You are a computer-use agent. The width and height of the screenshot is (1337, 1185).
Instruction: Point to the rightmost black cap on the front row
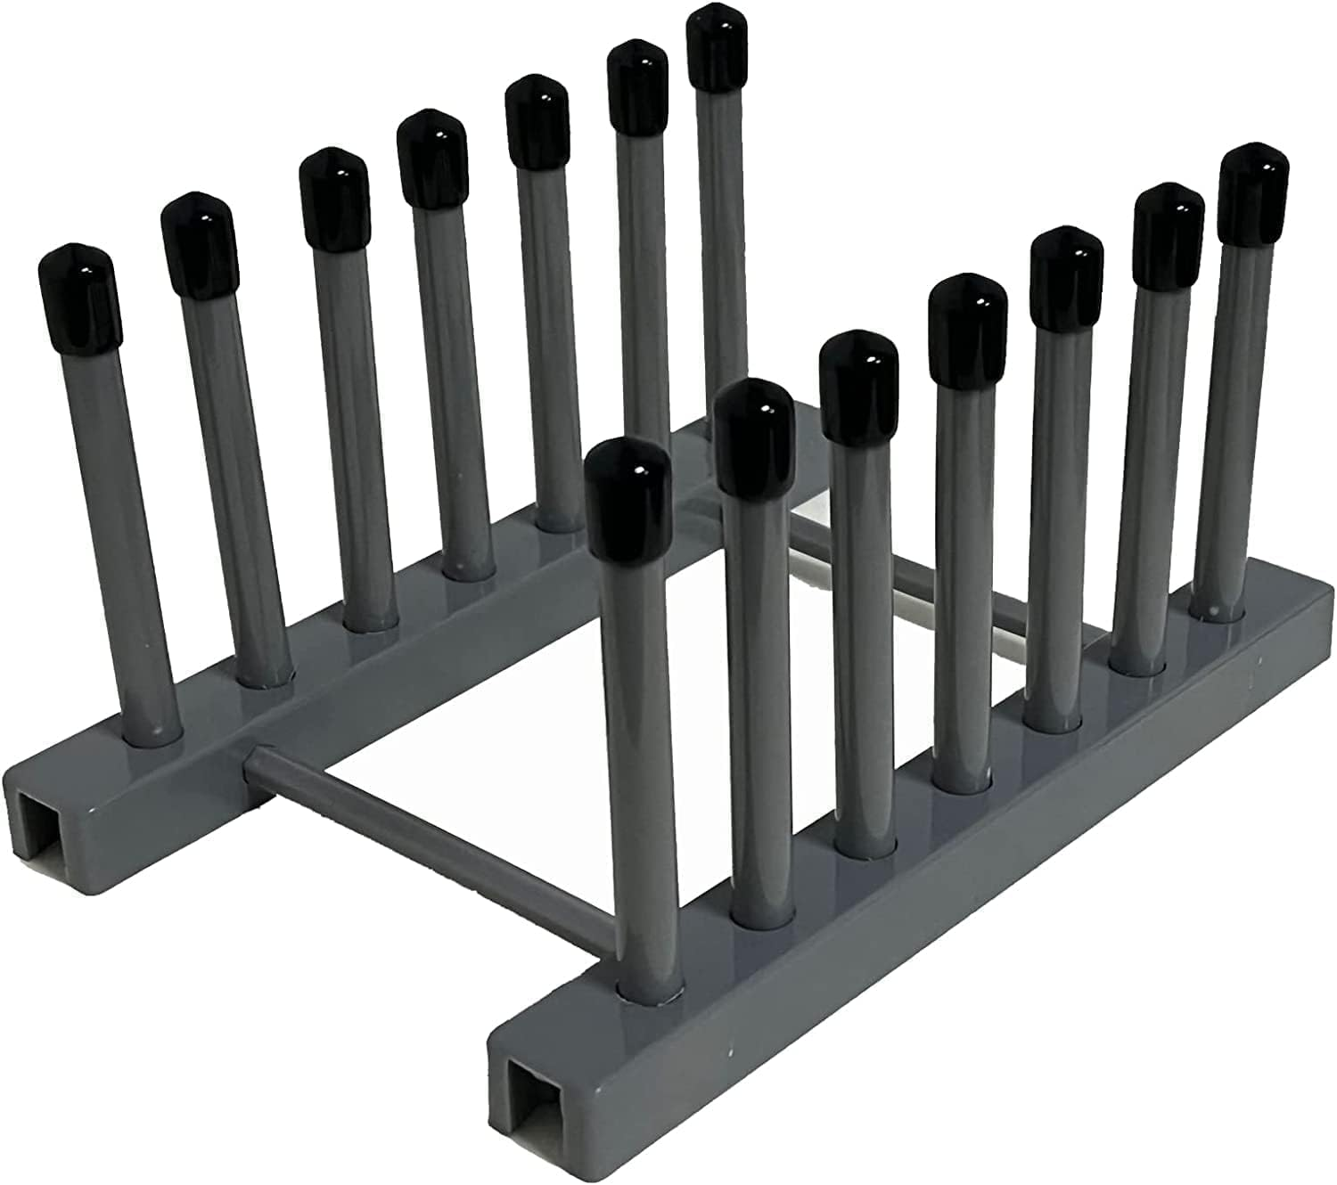coord(1255,192)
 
